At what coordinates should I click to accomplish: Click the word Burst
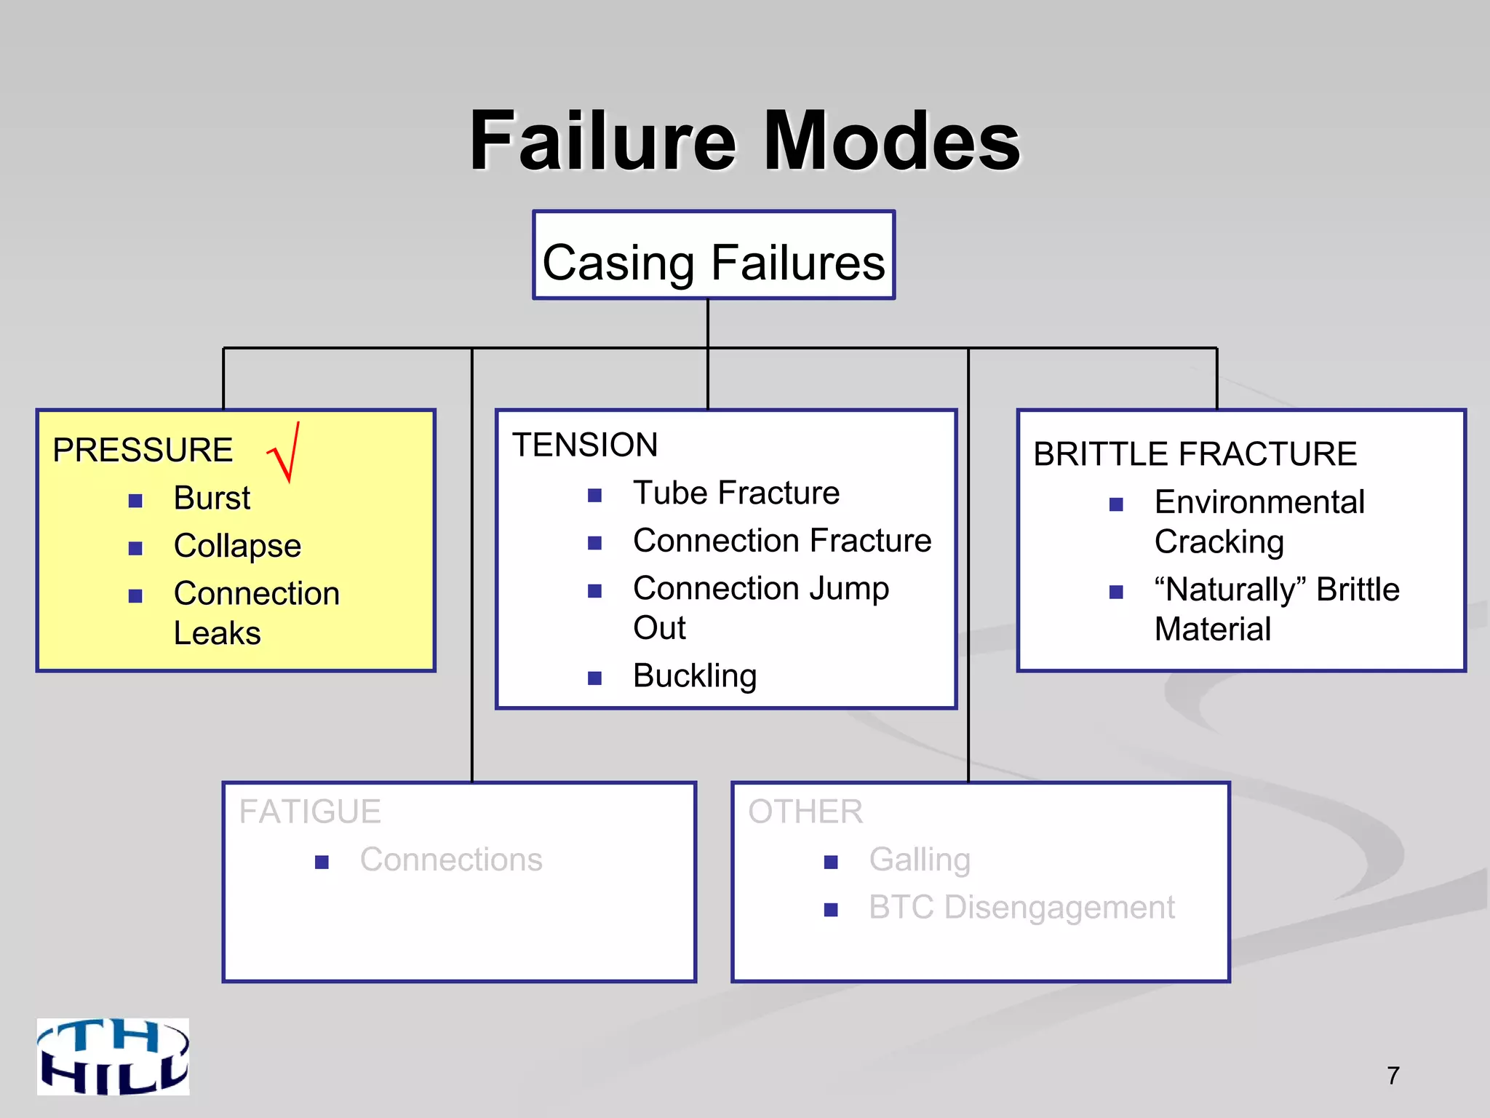click(x=212, y=499)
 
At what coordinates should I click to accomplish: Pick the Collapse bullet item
click(x=237, y=546)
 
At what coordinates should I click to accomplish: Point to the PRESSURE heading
click(x=143, y=450)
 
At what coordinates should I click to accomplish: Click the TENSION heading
click(x=585, y=445)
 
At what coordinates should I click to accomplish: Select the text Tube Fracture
click(x=736, y=493)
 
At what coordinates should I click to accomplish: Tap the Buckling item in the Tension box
click(x=695, y=676)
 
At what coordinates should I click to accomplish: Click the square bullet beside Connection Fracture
click(x=595, y=543)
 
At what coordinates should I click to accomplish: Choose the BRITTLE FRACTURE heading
click(x=1195, y=454)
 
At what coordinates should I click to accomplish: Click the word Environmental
click(x=1259, y=502)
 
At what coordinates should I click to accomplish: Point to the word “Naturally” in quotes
click(x=1230, y=590)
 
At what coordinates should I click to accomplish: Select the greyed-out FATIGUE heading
click(x=310, y=812)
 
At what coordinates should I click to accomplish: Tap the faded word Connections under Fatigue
click(x=451, y=860)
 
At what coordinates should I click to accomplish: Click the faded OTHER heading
click(x=805, y=812)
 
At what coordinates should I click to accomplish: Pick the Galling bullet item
click(x=920, y=860)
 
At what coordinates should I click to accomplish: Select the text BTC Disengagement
click(x=1021, y=908)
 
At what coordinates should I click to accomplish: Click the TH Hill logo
click(x=113, y=1056)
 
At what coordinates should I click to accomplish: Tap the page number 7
click(x=1393, y=1075)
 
